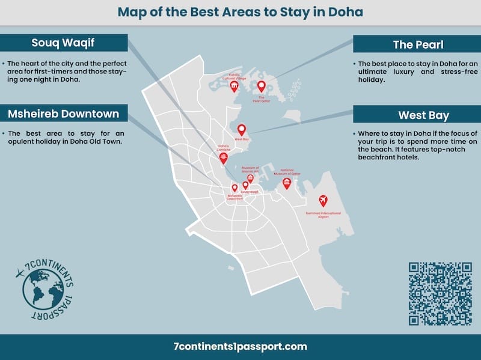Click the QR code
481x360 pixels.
pyautogui.click(x=440, y=294)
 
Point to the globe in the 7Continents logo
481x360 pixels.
pyautogui.click(x=42, y=290)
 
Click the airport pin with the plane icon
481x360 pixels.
pyautogui.click(x=323, y=200)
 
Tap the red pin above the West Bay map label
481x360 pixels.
pyautogui.click(x=242, y=129)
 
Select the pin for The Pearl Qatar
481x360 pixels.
pyautogui.click(x=261, y=86)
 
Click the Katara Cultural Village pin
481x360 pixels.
pyautogui.click(x=234, y=86)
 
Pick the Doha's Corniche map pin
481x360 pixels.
pyautogui.click(x=224, y=157)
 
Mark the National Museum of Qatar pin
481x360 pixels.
pyautogui.click(x=287, y=182)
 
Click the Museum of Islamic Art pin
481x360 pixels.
pyautogui.click(x=250, y=178)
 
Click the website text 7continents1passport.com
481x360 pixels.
pyautogui.click(x=240, y=346)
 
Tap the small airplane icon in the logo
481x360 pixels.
pyautogui.click(x=20, y=274)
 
